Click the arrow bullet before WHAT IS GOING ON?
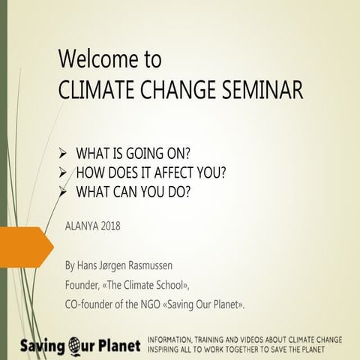tap(64, 153)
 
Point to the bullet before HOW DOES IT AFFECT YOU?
tap(64, 172)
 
